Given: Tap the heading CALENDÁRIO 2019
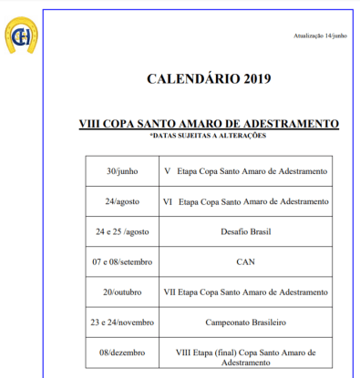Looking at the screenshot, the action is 209,79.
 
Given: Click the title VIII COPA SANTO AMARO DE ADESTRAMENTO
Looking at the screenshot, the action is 209,123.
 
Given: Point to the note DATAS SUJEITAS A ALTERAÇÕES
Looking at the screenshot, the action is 209,136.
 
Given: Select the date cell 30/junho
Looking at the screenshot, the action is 121,170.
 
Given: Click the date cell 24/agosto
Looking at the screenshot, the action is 121,201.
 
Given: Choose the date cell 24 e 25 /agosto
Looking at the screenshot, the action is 121,232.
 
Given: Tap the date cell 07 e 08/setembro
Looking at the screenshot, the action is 121,262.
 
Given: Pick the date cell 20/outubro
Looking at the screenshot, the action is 121,292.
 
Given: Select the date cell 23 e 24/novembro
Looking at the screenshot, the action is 121,322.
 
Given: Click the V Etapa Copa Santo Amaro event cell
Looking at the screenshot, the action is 245,170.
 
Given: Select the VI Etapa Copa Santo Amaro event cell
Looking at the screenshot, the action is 245,201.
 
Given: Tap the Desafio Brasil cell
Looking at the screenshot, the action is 245,232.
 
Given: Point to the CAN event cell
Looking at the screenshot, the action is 245,262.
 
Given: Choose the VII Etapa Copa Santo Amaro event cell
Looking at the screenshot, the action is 245,292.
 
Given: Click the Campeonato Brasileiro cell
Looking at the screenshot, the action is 245,322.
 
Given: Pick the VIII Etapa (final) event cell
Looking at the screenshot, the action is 245,356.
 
